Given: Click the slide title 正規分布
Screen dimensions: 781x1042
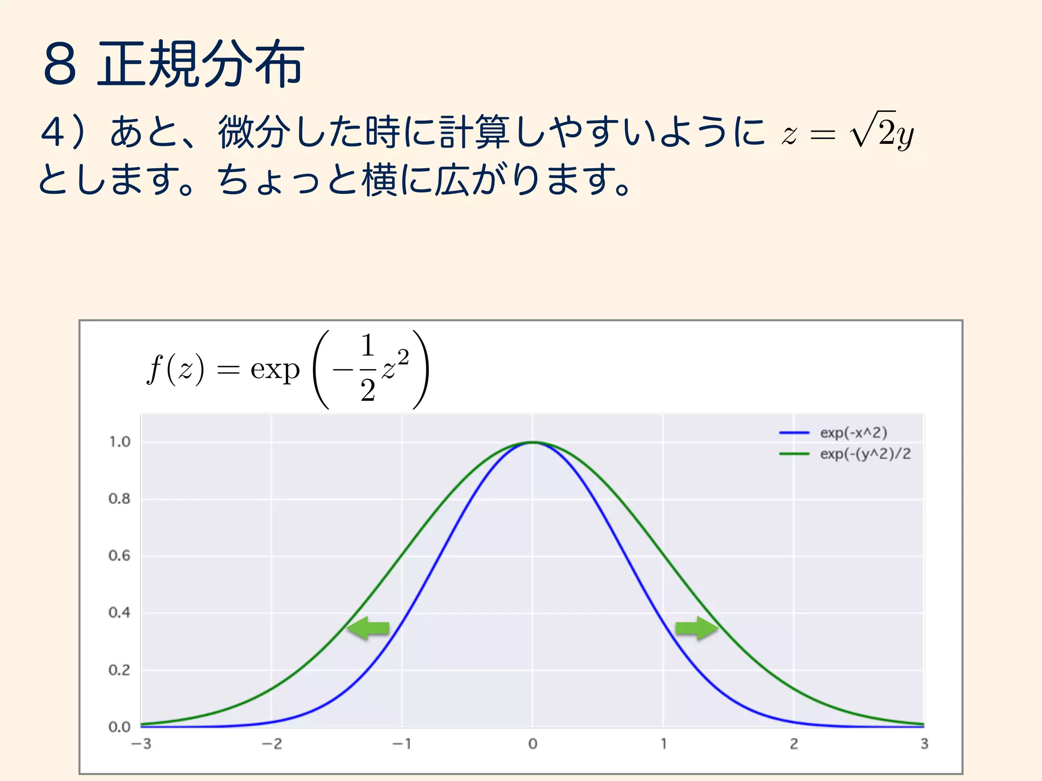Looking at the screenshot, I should tap(200, 64).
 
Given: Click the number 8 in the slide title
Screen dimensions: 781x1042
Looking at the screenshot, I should tap(60, 65).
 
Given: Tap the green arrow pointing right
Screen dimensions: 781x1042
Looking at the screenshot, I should tap(696, 628).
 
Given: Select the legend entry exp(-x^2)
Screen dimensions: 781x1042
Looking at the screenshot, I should tap(853, 433).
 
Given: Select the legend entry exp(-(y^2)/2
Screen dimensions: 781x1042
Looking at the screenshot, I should tap(865, 454).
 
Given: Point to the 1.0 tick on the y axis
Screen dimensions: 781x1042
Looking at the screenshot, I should tap(120, 442).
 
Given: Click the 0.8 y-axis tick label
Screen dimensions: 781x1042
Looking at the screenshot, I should tap(120, 499).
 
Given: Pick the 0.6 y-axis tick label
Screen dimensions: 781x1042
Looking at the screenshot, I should tap(120, 556).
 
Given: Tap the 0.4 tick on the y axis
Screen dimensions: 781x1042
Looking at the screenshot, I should tap(120, 613).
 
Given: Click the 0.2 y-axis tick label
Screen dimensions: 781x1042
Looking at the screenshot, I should tap(120, 670).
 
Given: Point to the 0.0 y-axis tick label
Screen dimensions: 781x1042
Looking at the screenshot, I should tap(120, 727).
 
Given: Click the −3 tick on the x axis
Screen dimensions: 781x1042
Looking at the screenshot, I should tap(141, 744).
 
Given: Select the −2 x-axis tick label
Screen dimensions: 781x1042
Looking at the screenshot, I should tap(272, 744).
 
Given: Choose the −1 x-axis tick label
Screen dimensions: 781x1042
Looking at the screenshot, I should tap(402, 744).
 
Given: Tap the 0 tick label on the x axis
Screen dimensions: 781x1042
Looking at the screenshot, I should tap(533, 744).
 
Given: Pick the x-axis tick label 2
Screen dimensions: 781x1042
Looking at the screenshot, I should tap(794, 744).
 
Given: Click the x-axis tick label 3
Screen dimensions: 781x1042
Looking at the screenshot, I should tap(924, 744).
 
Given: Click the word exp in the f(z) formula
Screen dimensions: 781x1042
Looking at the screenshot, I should tap(275, 370).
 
